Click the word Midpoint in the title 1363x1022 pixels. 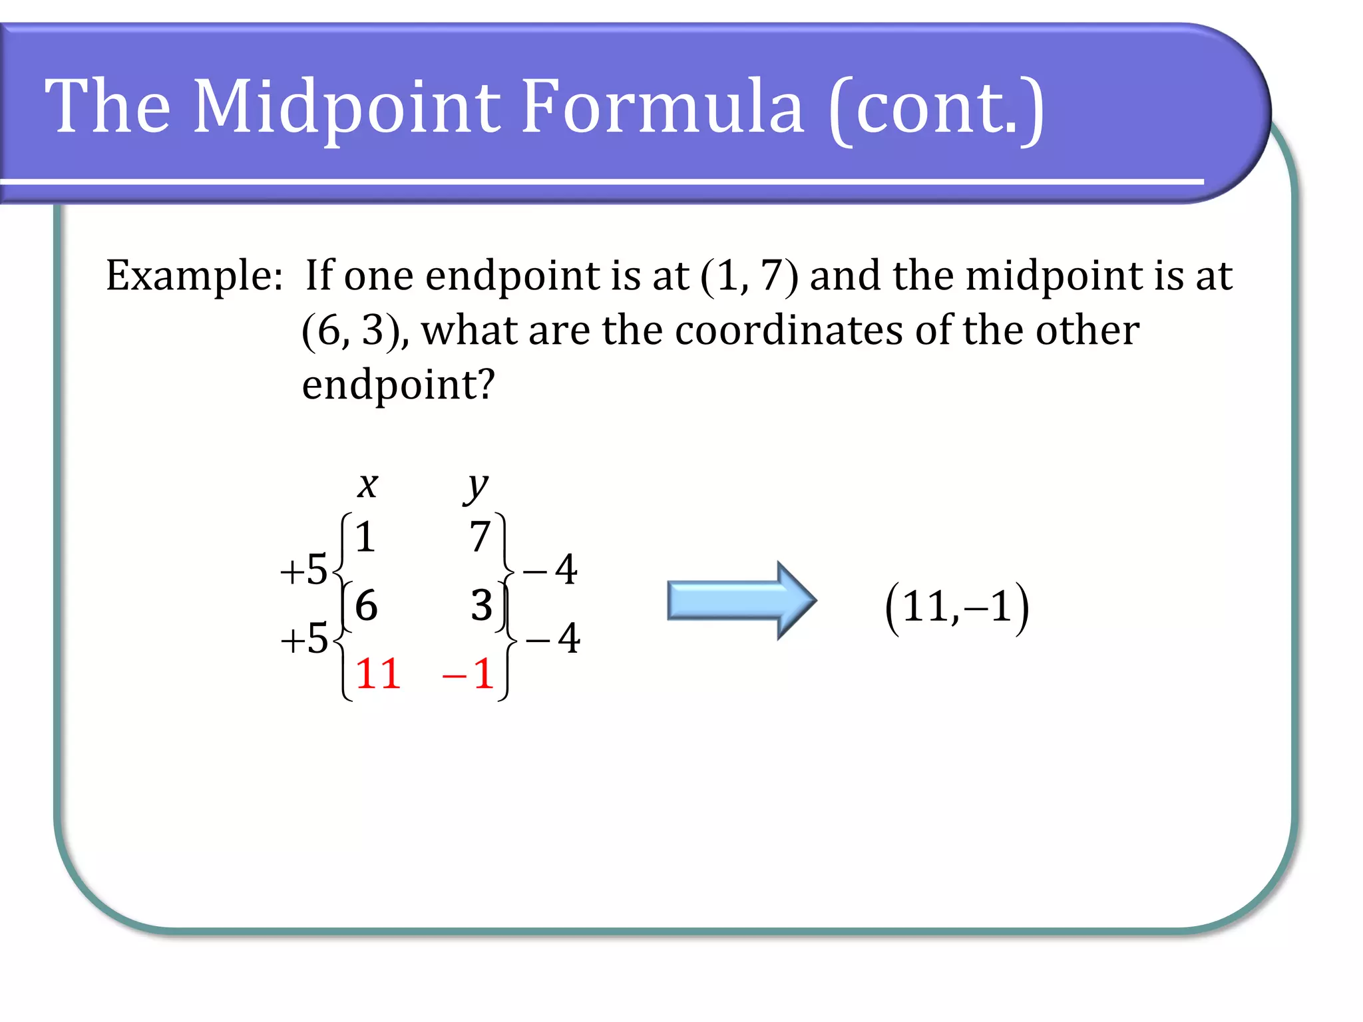[346, 106]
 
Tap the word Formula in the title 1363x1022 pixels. [662, 106]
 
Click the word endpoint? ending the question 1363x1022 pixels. [398, 385]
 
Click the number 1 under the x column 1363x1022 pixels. [365, 537]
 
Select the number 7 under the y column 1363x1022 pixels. [480, 537]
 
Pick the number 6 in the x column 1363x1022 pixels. [366, 605]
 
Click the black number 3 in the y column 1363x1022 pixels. [481, 605]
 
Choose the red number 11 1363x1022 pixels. [377, 674]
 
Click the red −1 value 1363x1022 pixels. [468, 674]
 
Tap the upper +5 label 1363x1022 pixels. [303, 570]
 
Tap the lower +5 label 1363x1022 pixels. [303, 639]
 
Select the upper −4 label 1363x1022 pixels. [550, 570]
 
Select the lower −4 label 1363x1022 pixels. [552, 639]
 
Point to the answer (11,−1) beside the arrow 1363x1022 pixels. [957, 607]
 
